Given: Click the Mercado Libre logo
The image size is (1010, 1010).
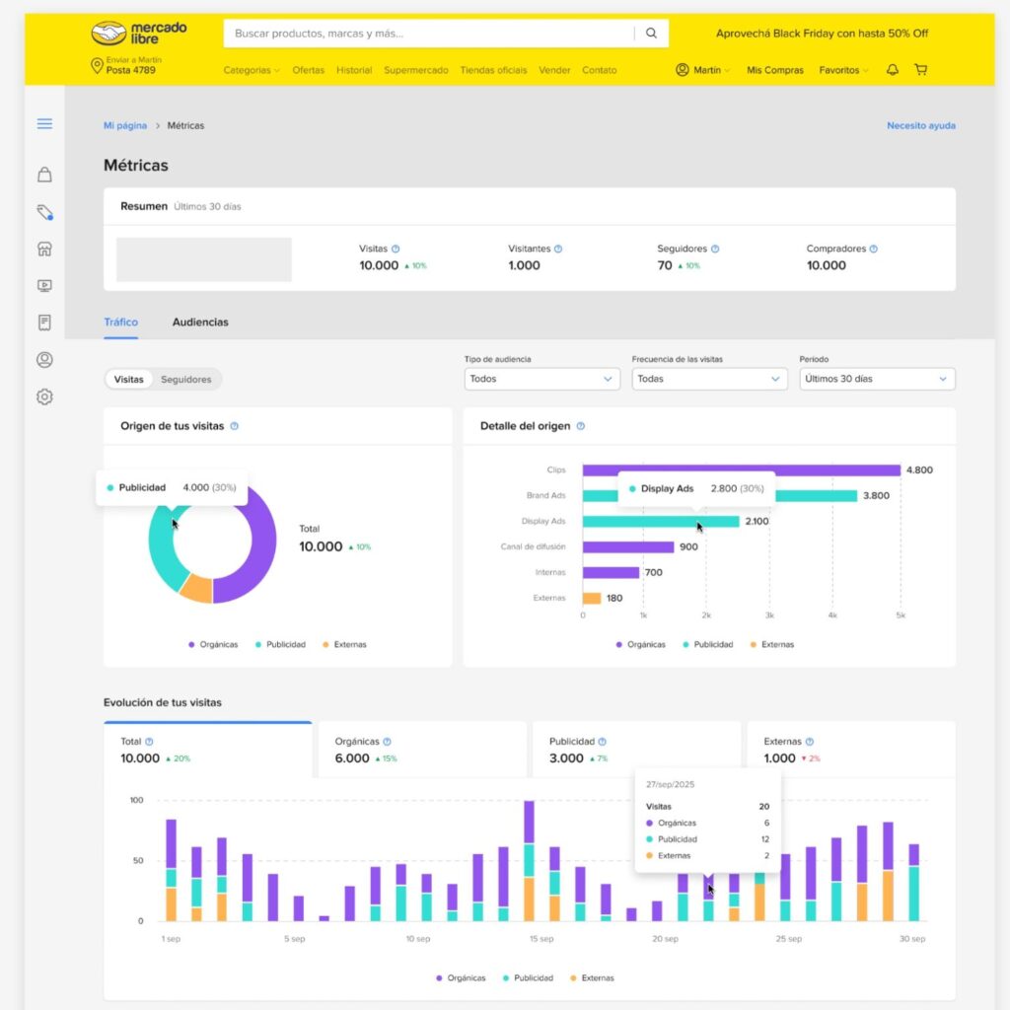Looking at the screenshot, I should (139, 33).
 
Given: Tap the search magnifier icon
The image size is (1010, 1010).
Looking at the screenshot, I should (651, 33).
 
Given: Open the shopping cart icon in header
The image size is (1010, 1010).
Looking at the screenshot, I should (920, 70).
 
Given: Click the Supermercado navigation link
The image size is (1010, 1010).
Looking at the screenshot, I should (415, 70).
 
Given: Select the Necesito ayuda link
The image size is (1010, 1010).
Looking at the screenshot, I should (920, 125).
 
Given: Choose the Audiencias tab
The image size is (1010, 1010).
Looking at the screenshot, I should (200, 322).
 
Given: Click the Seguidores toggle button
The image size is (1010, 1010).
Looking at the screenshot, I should (186, 379).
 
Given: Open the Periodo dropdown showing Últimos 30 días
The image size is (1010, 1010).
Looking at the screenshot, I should (877, 379).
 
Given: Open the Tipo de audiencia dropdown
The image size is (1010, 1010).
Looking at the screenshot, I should (541, 379).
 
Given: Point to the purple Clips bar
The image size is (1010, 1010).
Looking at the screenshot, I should (740, 470).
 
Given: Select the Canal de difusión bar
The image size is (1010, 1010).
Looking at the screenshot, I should (627, 546).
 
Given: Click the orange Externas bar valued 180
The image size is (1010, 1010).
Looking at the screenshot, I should (592, 598).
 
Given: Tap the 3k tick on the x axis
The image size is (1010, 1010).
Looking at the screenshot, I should (769, 615).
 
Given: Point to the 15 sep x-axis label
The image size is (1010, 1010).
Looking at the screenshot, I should (541, 939).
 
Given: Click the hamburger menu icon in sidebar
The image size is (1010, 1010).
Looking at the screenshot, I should (44, 124).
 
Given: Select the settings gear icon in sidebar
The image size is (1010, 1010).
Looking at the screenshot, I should (44, 397).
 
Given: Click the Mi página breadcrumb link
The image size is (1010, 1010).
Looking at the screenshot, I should (125, 125).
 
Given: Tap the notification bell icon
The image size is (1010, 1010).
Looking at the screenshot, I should (893, 70).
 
